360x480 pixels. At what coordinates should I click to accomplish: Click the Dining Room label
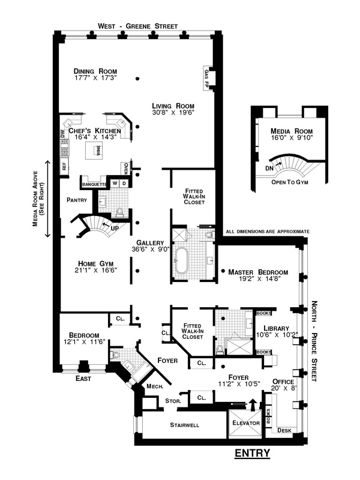tap(91, 70)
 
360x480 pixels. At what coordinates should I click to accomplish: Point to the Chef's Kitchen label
tap(95, 130)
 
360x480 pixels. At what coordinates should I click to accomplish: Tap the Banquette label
tap(94, 184)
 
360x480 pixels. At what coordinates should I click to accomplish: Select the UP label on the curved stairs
tap(113, 228)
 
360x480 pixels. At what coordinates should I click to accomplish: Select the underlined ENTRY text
tap(252, 452)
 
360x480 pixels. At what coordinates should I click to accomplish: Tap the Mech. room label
tap(155, 387)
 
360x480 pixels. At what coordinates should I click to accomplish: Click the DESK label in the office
tap(284, 430)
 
